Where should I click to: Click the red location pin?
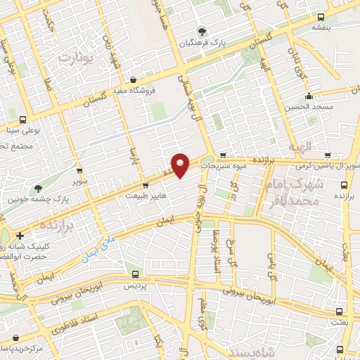181,165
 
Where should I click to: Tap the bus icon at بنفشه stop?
321,17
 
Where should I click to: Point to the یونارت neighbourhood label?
77,59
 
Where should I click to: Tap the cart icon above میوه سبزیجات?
222,155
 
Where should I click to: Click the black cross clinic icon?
20,236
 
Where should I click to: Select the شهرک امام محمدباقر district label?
290,192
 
